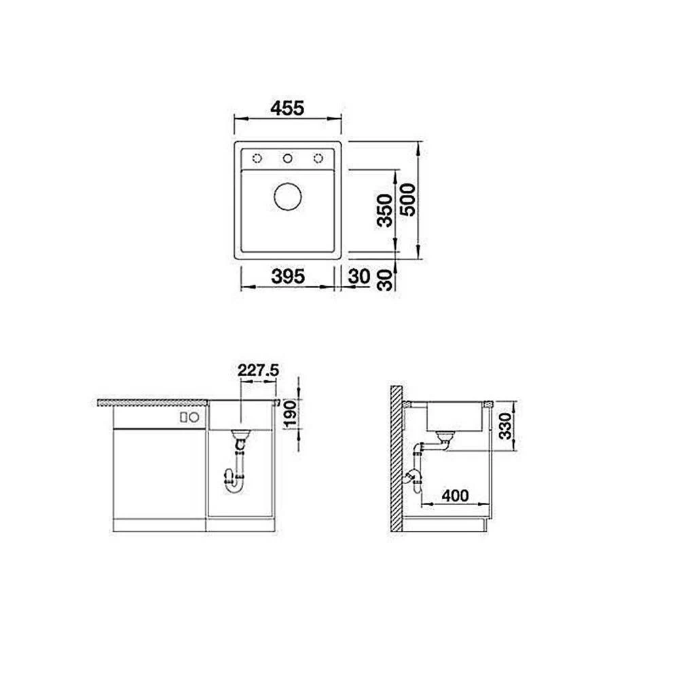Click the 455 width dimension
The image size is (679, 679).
287,108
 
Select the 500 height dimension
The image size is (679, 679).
407,200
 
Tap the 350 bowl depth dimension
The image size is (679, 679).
384,210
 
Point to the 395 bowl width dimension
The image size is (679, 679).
288,276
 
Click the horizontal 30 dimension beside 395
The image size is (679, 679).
359,276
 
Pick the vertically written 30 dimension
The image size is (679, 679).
384,279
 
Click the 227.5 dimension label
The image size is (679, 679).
258,370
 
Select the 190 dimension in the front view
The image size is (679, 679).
290,413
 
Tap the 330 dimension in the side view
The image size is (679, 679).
505,426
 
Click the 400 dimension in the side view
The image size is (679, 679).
455,496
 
